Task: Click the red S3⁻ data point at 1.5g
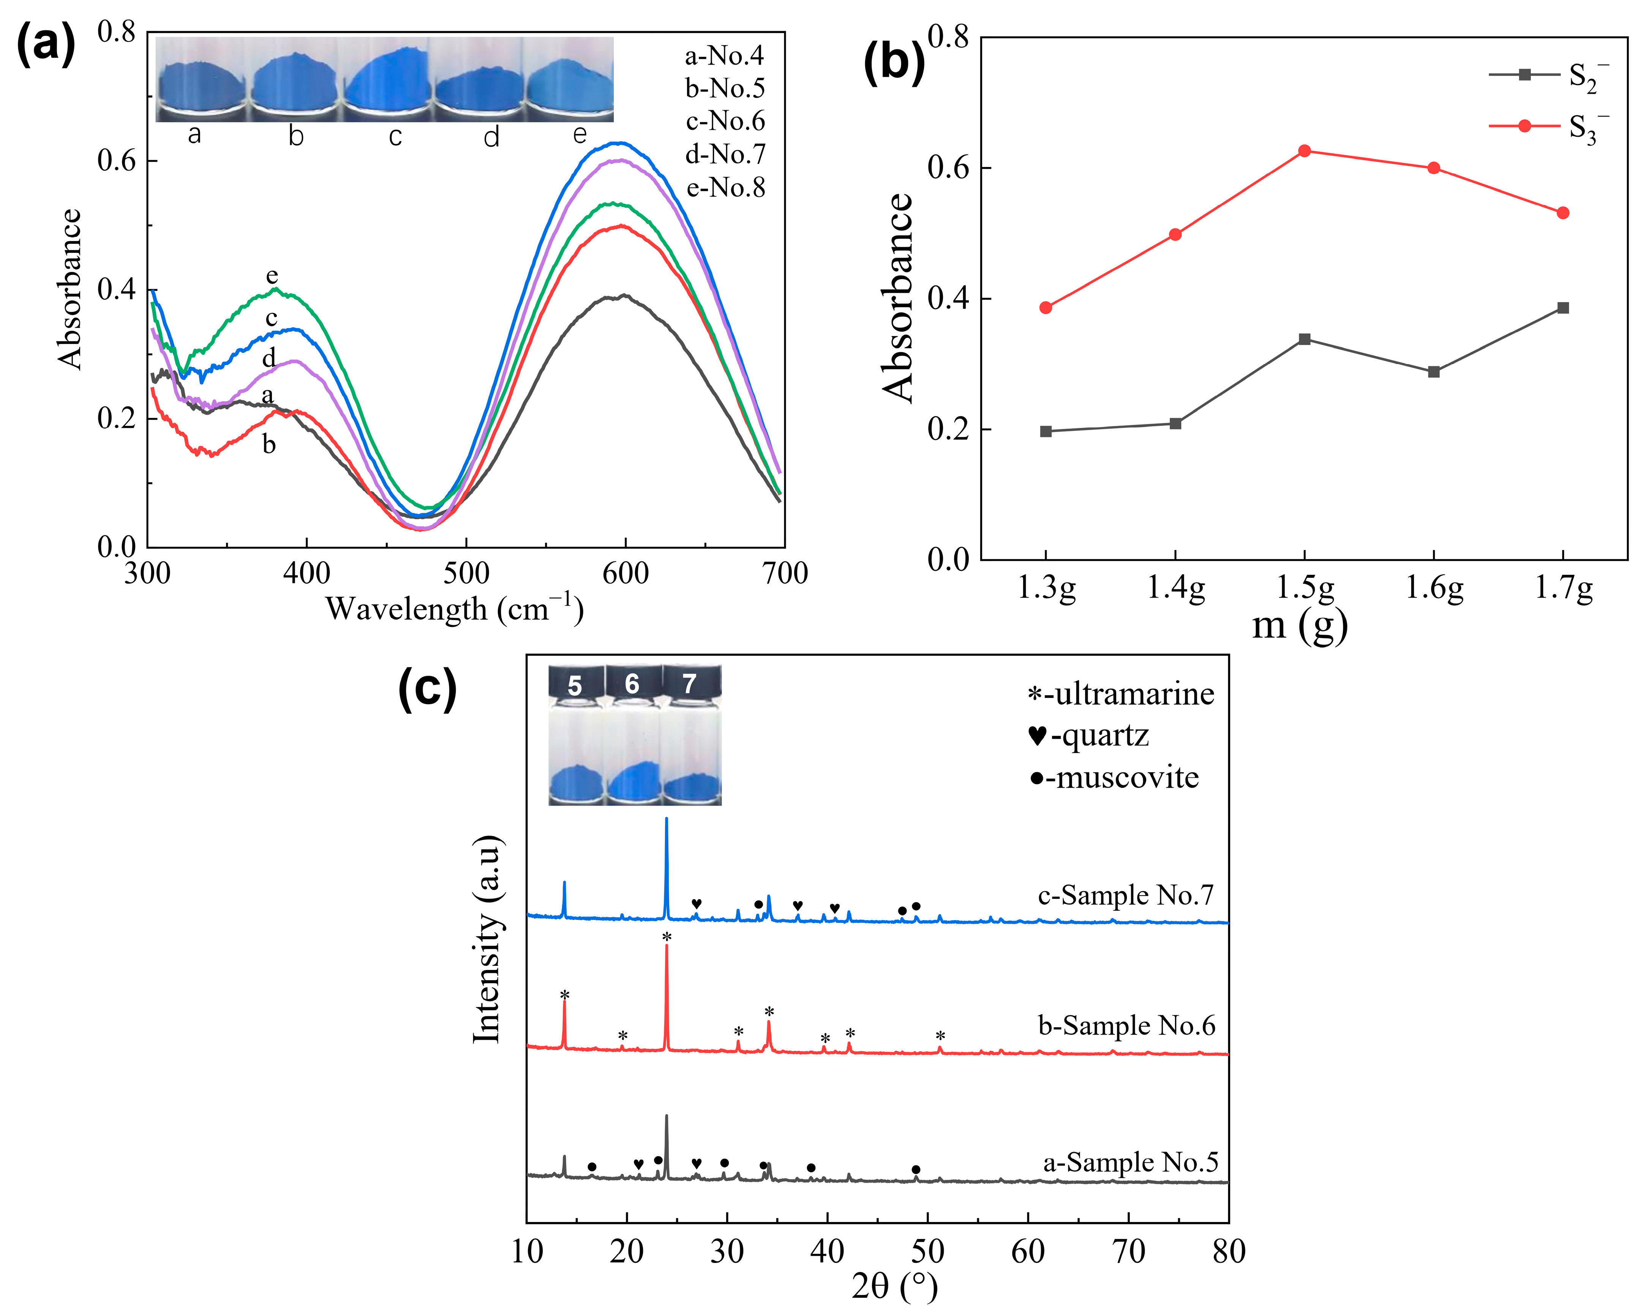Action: coord(1305,151)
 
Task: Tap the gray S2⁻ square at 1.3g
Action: coord(1046,432)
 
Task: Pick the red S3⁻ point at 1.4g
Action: coord(1175,234)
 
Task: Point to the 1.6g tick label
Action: coord(1434,588)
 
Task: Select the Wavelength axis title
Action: coord(454,609)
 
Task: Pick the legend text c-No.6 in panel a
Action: coord(725,121)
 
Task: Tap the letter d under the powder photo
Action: coord(492,137)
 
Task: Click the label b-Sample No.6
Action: coord(1126,1026)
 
